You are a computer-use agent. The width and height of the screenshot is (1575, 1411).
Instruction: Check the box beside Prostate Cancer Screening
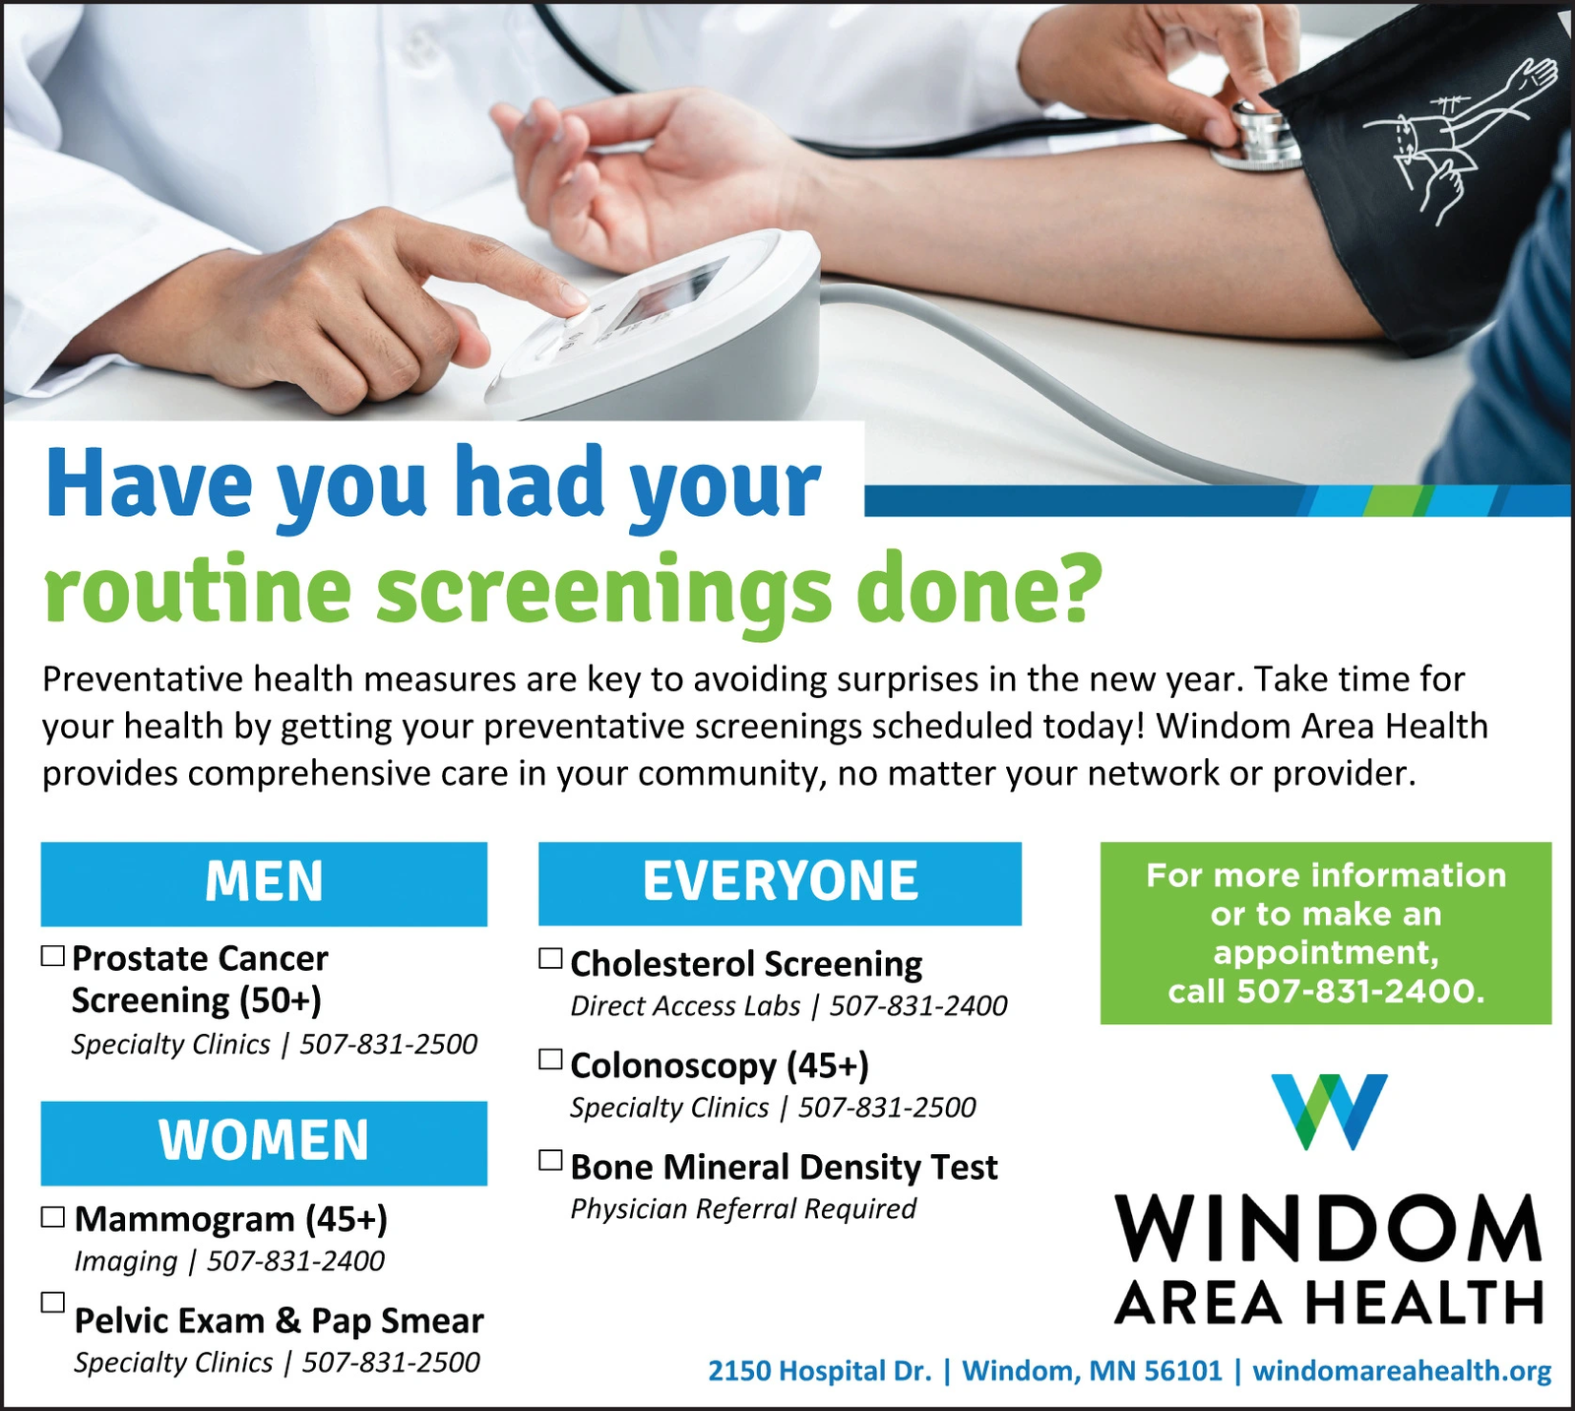(x=53, y=955)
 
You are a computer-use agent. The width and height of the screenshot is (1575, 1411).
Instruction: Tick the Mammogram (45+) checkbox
(x=53, y=1217)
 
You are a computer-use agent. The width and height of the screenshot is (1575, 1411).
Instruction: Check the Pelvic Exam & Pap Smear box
(x=53, y=1302)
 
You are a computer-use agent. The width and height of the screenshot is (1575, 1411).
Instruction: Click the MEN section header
(x=264, y=883)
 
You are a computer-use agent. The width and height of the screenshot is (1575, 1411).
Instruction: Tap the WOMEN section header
(x=264, y=1142)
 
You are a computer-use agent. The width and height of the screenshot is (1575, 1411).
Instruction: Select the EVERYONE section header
(x=780, y=883)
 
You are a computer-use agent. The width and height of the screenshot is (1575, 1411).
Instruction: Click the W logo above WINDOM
(x=1329, y=1112)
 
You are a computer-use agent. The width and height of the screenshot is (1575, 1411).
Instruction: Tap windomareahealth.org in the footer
(x=1402, y=1371)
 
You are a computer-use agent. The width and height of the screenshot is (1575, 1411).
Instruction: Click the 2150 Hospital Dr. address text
(x=820, y=1371)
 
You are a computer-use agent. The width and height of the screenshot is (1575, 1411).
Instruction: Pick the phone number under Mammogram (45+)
(x=295, y=1261)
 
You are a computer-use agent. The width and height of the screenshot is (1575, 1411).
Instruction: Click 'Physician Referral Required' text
(x=743, y=1209)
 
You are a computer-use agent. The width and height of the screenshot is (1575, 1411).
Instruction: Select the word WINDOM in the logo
(x=1329, y=1228)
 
